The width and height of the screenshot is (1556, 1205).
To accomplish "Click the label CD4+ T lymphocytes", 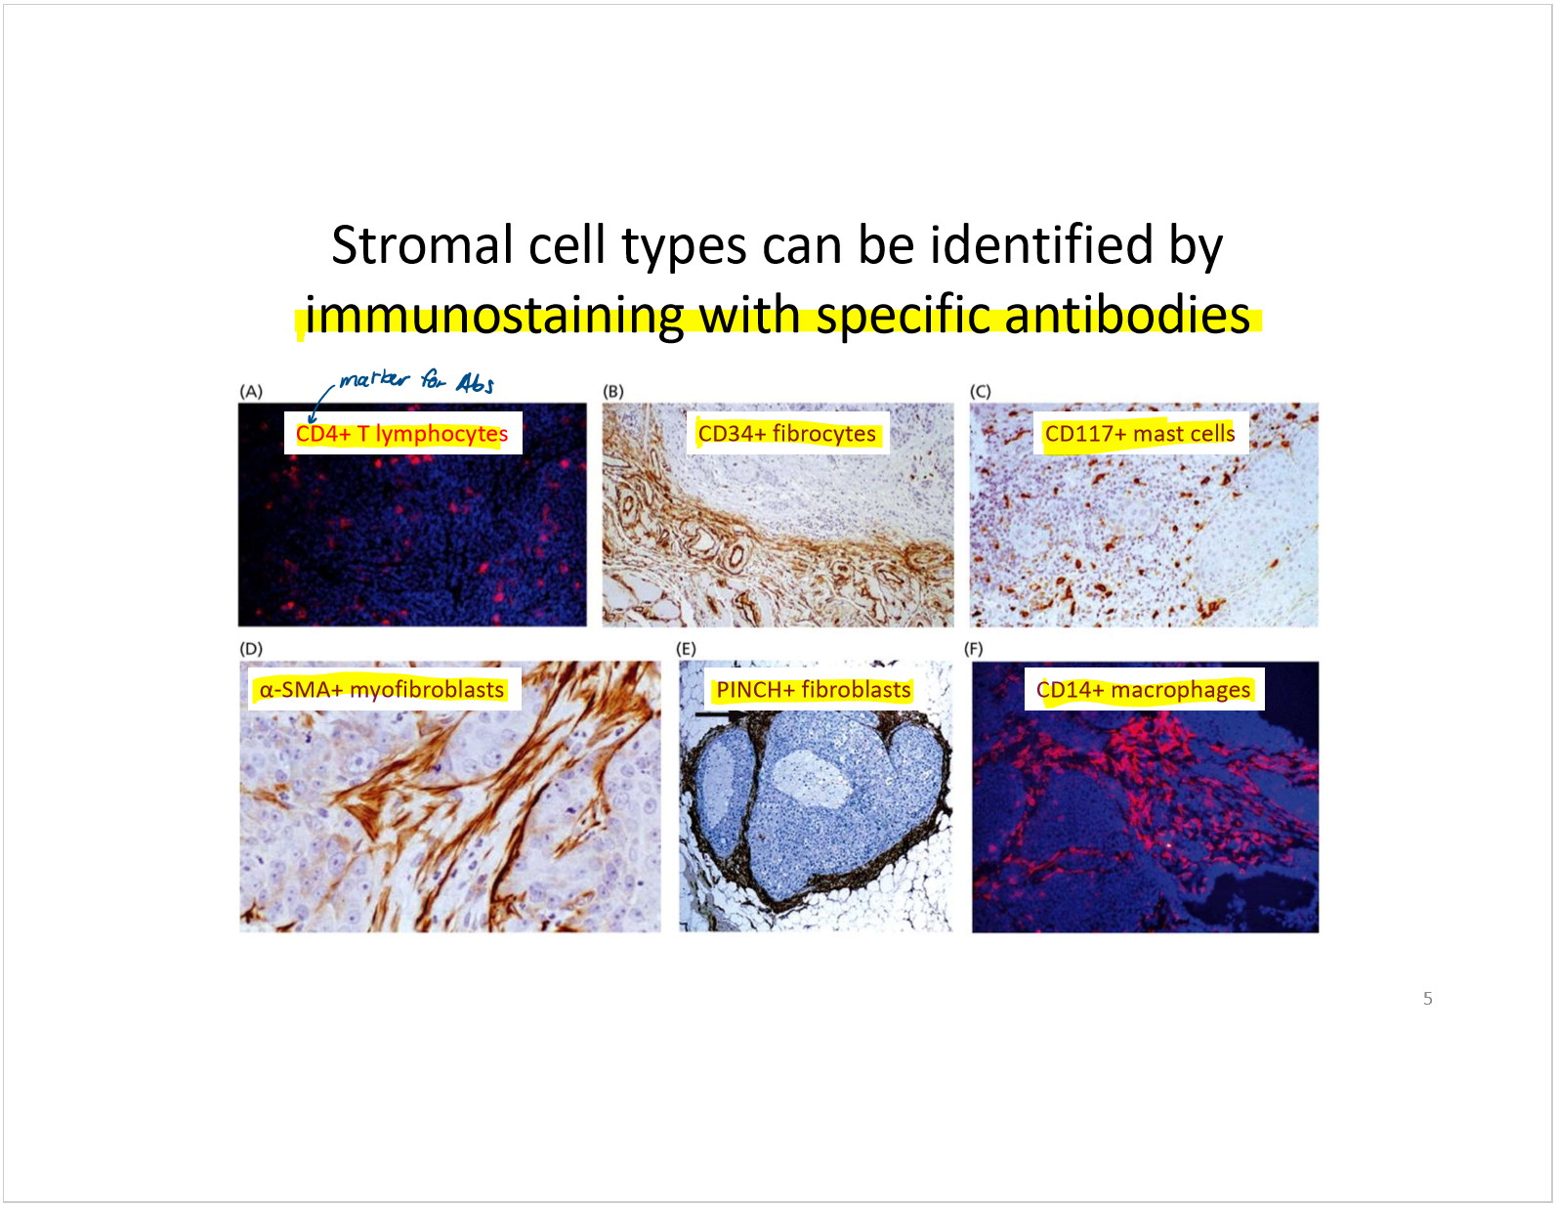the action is click(x=401, y=433).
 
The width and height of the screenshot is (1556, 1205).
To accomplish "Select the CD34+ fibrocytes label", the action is click(x=787, y=433).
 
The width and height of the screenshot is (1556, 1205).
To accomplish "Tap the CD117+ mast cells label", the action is click(x=1139, y=433).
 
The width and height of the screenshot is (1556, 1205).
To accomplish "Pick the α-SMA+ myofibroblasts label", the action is click(x=382, y=689).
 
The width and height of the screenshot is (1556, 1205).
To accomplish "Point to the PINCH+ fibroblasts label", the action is click(x=814, y=689).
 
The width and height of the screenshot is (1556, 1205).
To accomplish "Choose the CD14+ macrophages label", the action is click(x=1144, y=689).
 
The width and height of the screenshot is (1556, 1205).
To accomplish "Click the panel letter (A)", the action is click(x=251, y=391).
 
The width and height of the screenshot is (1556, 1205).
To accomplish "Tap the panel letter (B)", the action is click(x=613, y=391).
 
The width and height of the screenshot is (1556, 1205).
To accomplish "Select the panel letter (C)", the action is click(x=981, y=391).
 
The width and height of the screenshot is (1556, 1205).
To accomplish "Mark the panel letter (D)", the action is click(x=251, y=648).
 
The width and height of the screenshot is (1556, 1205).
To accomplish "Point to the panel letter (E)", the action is click(x=686, y=648).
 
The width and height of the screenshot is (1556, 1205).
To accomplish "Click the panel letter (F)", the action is click(x=974, y=648).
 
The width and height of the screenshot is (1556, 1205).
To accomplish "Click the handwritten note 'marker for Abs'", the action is click(x=416, y=381).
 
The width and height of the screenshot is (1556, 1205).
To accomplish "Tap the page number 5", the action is click(x=1427, y=999).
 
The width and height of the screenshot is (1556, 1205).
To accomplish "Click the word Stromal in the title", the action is click(x=422, y=245).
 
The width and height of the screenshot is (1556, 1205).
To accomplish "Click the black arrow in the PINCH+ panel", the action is click(x=719, y=714).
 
